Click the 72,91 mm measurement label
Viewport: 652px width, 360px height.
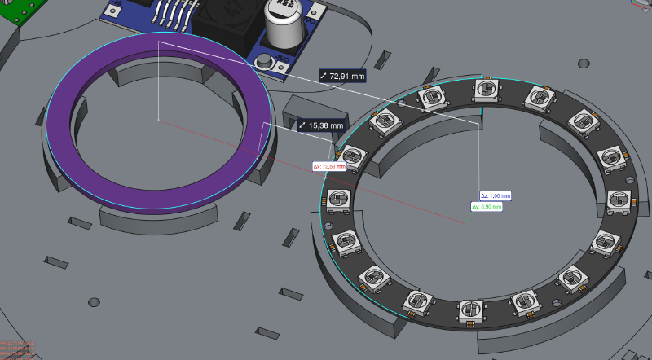(342, 76)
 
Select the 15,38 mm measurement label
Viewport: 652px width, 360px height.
(321, 125)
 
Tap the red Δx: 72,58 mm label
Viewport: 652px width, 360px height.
(329, 166)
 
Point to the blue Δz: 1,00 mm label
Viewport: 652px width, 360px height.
(496, 195)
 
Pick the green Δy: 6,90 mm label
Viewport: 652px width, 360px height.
(487, 207)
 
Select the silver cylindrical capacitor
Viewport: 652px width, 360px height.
(289, 26)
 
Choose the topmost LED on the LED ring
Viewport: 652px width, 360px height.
(485, 89)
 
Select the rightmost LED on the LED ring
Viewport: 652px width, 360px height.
(619, 199)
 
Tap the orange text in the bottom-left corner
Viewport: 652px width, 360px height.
(16, 349)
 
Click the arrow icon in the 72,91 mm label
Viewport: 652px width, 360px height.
(324, 76)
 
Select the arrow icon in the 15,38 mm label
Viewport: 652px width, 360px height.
(302, 125)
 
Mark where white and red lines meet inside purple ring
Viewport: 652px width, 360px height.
(159, 120)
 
